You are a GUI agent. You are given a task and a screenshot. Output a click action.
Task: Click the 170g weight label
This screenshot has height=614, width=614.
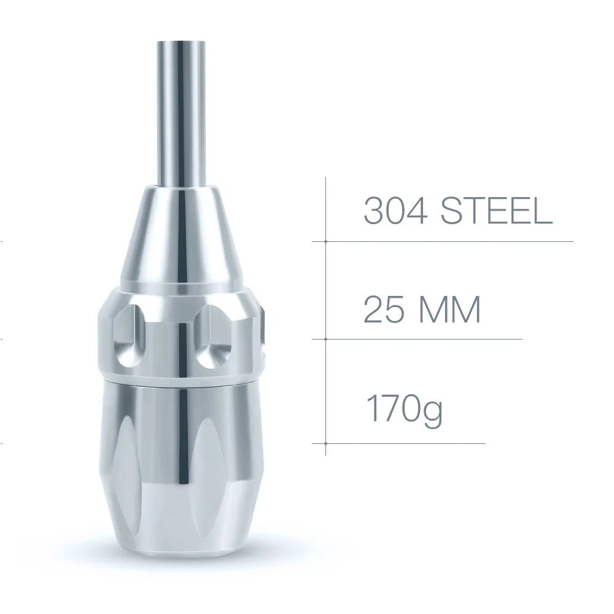403,406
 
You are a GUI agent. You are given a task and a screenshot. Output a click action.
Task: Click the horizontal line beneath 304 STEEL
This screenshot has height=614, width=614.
448,241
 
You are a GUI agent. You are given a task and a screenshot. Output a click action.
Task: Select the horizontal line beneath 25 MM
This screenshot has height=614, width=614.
424,339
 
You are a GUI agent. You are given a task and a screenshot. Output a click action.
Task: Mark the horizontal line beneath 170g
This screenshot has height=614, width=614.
405,443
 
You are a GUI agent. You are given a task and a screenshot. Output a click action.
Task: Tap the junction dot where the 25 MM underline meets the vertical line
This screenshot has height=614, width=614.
325,339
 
